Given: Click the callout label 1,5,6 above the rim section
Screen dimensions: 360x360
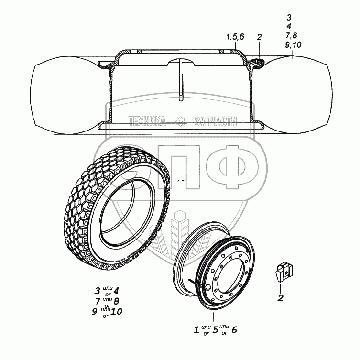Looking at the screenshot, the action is (x=235, y=37).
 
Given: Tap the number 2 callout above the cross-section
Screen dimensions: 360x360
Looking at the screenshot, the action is (x=259, y=37).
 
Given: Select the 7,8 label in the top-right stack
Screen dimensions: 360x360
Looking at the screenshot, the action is (x=291, y=35).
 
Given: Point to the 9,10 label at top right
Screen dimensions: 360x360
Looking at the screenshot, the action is (x=293, y=45).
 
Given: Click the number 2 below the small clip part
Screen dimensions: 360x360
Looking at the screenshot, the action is (x=280, y=298).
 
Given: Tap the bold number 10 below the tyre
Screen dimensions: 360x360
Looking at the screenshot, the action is (x=116, y=312).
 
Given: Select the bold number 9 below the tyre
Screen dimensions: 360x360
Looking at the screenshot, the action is (x=94, y=312).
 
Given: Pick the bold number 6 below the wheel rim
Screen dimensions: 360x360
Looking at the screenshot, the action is (x=234, y=330).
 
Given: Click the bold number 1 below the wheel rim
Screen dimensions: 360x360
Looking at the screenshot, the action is (x=196, y=330).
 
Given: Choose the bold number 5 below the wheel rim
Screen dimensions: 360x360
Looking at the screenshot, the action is (x=215, y=330).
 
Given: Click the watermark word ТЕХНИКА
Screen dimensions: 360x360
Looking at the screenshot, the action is (x=147, y=121).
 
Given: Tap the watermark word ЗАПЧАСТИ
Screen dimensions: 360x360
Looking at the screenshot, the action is (x=216, y=121).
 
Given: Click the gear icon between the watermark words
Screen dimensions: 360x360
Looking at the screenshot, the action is (x=180, y=121).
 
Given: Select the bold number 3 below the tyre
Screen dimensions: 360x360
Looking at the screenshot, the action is (x=98, y=291).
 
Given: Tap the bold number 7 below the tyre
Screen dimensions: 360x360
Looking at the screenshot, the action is (x=98, y=301).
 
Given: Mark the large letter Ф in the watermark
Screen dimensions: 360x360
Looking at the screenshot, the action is (x=232, y=167).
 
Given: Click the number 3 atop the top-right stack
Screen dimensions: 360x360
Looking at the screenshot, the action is (x=289, y=17).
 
